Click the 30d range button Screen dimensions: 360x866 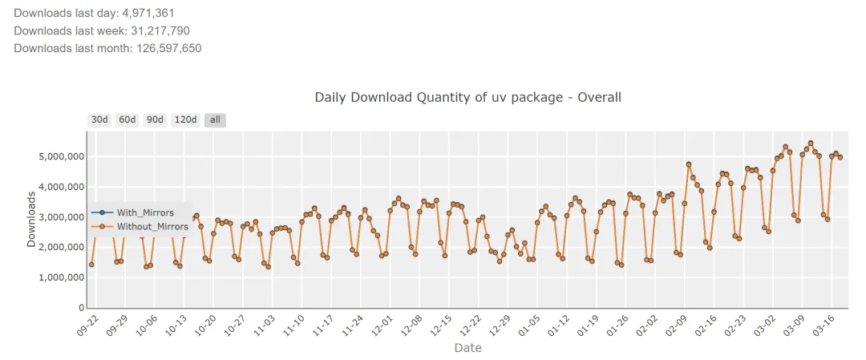tap(99, 119)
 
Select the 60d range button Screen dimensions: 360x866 tap(127, 119)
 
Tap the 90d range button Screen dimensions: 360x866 tap(155, 119)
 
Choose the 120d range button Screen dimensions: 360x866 tap(185, 119)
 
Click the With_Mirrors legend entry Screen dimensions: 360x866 tap(145, 212)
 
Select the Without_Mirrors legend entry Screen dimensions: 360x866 tap(152, 226)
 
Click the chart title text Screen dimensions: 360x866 tap(467, 97)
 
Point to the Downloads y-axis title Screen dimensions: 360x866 tap(31, 218)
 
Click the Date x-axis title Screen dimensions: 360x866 tap(467, 348)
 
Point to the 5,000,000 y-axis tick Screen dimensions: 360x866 tap(63, 156)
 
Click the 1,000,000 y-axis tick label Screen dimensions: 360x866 tap(63, 277)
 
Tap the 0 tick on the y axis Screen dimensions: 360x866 tap(82, 308)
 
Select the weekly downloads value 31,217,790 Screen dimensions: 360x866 tap(160, 30)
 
